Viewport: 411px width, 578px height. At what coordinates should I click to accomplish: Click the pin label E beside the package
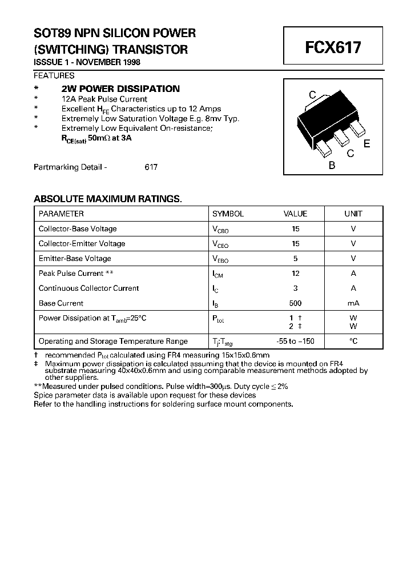(366, 144)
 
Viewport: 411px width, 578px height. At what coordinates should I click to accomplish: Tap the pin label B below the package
(332, 166)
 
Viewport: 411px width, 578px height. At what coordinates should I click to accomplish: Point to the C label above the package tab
(312, 95)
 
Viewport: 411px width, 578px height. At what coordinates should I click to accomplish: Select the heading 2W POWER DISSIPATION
(120, 89)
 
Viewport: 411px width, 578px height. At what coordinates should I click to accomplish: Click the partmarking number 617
(151, 167)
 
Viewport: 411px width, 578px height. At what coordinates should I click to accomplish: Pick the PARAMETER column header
(61, 214)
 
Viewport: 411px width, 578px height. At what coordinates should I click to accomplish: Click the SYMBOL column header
(228, 214)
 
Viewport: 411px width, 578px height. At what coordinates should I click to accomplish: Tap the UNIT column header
(353, 214)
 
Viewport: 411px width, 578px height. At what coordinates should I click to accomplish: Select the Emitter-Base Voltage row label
(75, 258)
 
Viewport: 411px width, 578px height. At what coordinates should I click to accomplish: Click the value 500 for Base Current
(295, 303)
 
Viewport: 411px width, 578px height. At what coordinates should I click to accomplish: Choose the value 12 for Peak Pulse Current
(295, 274)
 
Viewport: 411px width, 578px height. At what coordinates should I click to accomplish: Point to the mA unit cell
(353, 303)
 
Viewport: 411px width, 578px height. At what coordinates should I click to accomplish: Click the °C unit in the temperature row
(353, 341)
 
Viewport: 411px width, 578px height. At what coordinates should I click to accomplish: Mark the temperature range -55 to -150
(295, 341)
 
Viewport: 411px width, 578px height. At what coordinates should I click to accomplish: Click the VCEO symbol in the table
(220, 244)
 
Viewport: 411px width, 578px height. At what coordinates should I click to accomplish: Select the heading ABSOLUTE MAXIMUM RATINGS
(107, 199)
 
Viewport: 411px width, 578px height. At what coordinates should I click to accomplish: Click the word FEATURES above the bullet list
(54, 75)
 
